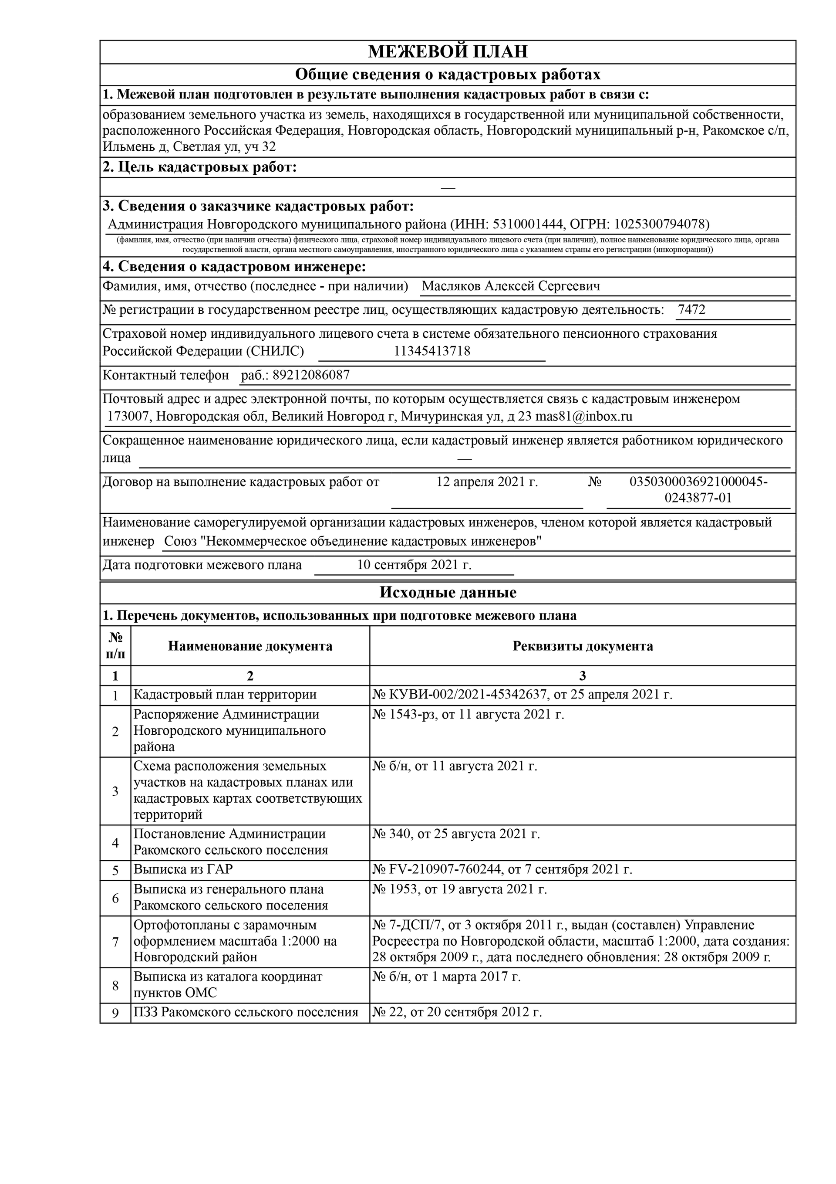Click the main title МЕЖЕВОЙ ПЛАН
(447, 52)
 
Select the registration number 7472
(692, 310)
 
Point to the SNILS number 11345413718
(432, 351)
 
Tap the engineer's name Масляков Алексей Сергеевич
(511, 286)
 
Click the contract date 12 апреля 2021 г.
(487, 482)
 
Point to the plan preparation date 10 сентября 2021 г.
(415, 565)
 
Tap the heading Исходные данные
(447, 593)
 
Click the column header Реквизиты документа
(583, 646)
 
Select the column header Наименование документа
(250, 646)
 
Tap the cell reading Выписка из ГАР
(183, 869)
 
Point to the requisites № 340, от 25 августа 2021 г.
(456, 834)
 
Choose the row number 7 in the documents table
(115, 942)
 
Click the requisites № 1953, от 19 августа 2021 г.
(460, 889)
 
